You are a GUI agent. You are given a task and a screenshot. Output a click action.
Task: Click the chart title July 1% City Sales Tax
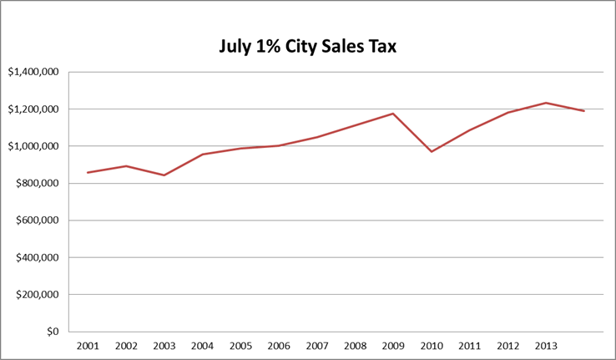[x=307, y=47]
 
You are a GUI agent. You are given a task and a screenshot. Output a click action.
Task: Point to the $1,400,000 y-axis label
[x=33, y=72]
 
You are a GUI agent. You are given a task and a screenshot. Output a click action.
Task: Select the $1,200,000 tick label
[x=33, y=109]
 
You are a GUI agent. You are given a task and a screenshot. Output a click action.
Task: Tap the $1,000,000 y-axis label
[x=33, y=146]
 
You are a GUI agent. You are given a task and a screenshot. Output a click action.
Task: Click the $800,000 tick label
[x=37, y=184]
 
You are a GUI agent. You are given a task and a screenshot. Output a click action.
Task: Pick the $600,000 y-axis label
[x=37, y=221]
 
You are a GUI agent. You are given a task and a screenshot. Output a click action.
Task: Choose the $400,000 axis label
[x=37, y=257]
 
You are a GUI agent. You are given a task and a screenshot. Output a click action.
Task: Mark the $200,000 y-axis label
[x=37, y=295]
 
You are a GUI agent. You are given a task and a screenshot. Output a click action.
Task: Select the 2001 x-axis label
[x=88, y=345]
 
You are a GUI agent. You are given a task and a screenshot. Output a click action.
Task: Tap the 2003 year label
[x=164, y=345]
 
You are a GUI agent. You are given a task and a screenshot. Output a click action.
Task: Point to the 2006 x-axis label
[x=279, y=345]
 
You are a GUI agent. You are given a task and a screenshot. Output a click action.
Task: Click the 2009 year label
[x=393, y=345]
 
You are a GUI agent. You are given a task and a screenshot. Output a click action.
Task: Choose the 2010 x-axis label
[x=432, y=345]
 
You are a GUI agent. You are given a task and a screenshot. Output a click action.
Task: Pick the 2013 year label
[x=546, y=345]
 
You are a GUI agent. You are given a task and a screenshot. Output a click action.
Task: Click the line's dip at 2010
[x=432, y=151]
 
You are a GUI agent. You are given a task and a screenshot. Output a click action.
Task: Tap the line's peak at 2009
[x=393, y=114]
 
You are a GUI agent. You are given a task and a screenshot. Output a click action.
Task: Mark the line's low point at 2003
[x=164, y=175]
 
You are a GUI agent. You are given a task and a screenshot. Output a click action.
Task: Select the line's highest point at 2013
[x=546, y=103]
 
